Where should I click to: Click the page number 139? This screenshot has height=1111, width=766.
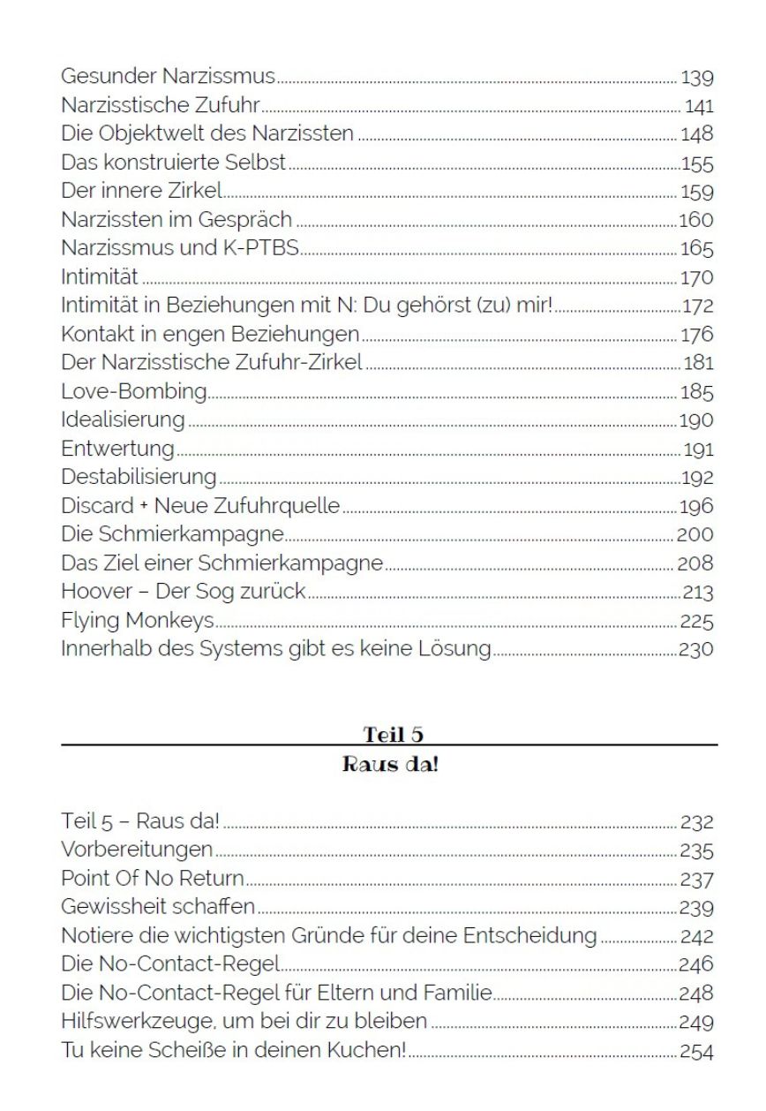pyautogui.click(x=697, y=79)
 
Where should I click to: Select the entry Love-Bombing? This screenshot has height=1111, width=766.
pyautogui.click(x=134, y=391)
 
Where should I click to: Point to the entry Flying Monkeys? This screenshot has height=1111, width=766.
pyautogui.click(x=138, y=621)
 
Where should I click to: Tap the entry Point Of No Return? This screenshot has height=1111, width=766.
pyautogui.click(x=153, y=880)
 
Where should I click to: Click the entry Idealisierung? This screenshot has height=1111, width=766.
pyautogui.click(x=123, y=419)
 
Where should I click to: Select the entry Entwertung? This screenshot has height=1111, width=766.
pyautogui.click(x=117, y=449)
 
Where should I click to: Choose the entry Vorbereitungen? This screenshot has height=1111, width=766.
pyautogui.click(x=137, y=850)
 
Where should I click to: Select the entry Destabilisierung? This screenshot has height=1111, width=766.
pyautogui.click(x=139, y=477)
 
